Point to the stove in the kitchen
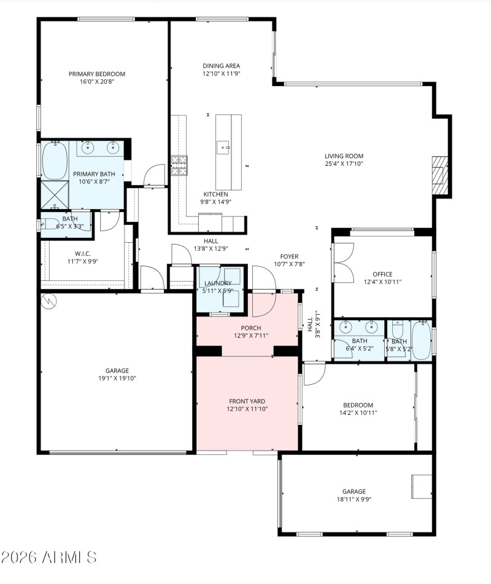pos(179,162)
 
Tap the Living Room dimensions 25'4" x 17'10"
pos(344,164)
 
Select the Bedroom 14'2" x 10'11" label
pos(358,409)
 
